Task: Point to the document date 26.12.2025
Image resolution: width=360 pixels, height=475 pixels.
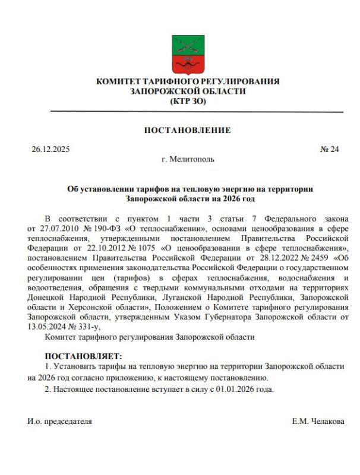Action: [50, 150]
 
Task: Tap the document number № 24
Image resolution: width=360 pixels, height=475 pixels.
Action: [329, 150]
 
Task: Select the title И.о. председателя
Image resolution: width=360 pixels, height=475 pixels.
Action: [59, 421]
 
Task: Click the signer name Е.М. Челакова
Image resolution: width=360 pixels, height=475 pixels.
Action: [318, 421]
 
